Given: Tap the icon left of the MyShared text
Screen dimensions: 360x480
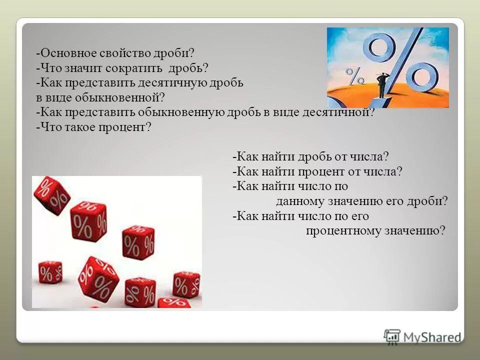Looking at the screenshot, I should (392, 337).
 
